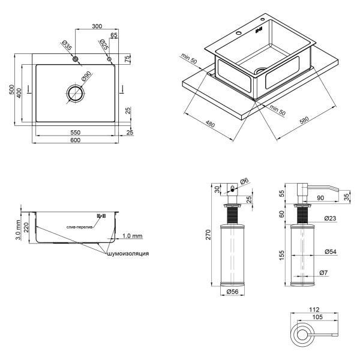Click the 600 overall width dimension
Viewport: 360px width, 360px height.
point(75,140)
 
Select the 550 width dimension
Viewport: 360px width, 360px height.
point(75,131)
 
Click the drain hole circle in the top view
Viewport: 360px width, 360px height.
point(76,94)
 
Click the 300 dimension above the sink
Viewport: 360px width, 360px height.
point(96,26)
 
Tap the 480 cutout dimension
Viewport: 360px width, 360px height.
point(209,124)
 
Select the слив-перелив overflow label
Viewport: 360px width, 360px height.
point(80,227)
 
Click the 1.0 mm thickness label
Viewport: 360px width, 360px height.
point(131,235)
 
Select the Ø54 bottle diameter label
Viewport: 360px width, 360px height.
point(329,251)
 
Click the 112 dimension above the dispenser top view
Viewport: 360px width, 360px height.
point(310,310)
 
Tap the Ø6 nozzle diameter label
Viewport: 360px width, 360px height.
point(244,181)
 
